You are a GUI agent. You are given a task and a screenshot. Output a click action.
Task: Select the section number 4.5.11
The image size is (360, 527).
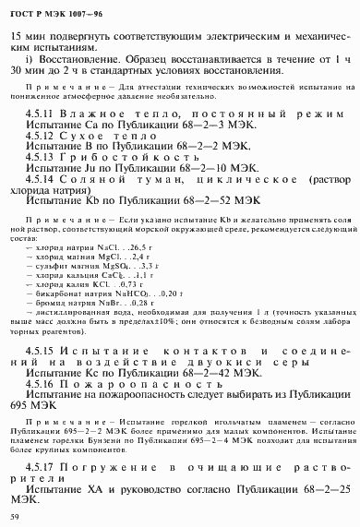pyautogui.click(x=42, y=110)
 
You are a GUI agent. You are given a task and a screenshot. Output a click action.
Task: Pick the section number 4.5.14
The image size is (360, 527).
pyautogui.click(x=42, y=183)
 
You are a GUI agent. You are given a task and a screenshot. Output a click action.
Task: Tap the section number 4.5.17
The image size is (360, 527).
pyautogui.click(x=42, y=474)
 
